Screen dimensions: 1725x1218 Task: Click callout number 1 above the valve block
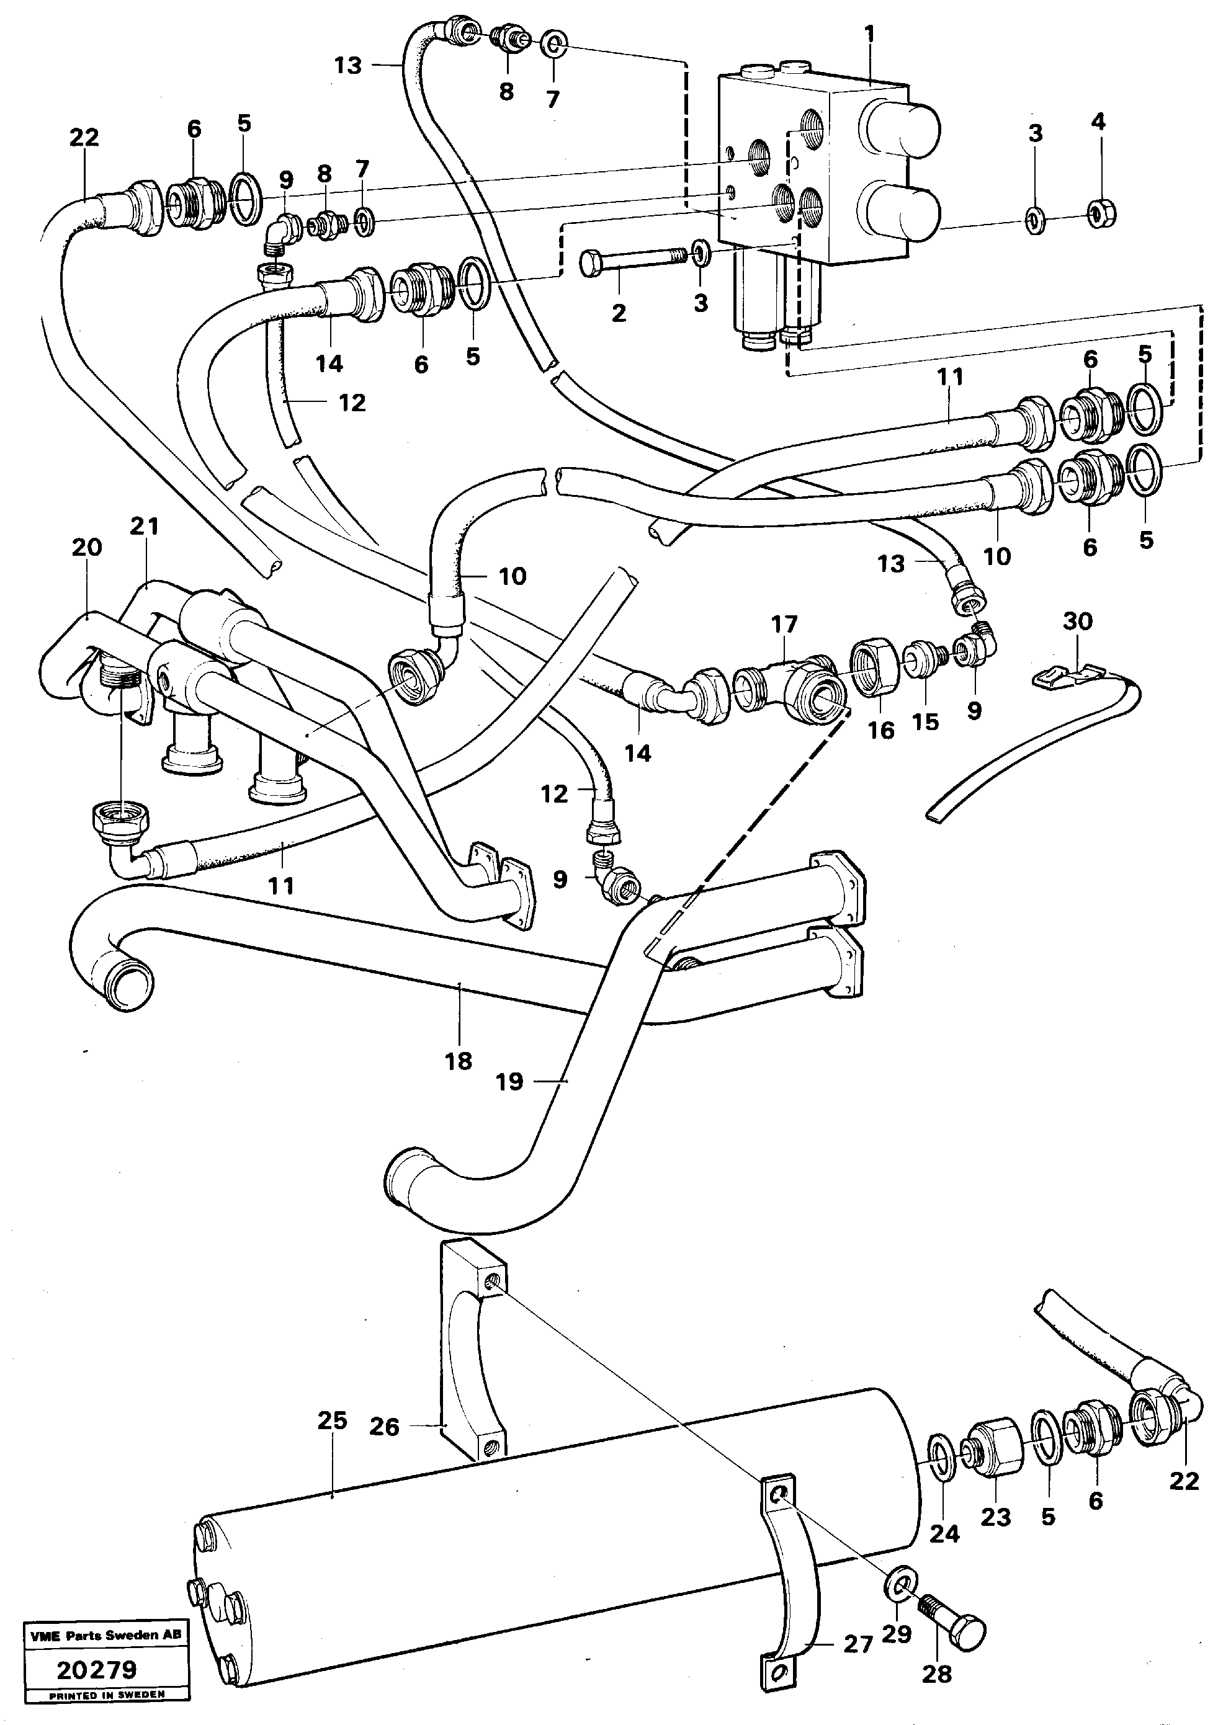click(869, 34)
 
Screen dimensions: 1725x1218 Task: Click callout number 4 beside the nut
click(1098, 122)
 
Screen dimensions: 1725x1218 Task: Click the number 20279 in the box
click(97, 1670)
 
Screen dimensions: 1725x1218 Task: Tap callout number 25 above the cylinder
click(332, 1420)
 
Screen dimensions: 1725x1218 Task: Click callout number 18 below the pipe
click(459, 1061)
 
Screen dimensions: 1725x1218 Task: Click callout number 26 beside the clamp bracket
click(385, 1427)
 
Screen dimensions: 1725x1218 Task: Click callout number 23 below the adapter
click(996, 1517)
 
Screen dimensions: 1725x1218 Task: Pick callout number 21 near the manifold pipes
click(145, 526)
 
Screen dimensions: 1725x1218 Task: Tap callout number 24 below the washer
click(944, 1533)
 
